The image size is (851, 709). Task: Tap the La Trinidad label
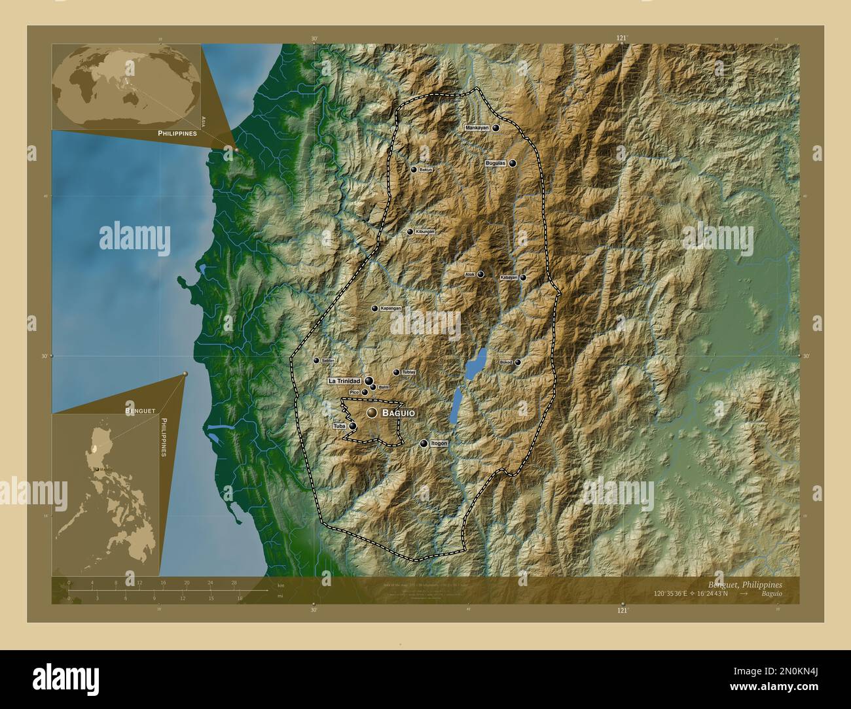(345, 381)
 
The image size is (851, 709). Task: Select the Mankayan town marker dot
(496, 128)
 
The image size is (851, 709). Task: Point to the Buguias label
(496, 164)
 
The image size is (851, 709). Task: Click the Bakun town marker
(413, 169)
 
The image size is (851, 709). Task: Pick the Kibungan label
(425, 232)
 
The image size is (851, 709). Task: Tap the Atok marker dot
(480, 275)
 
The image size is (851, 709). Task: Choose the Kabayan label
(509, 277)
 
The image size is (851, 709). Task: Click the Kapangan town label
(391, 308)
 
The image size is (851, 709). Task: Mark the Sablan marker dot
(316, 360)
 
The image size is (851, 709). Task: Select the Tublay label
(408, 372)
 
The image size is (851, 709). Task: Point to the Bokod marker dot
(518, 362)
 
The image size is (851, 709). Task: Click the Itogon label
(439, 443)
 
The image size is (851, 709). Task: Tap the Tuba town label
(339, 426)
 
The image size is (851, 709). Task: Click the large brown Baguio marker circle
(372, 413)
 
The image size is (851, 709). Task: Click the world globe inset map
(126, 86)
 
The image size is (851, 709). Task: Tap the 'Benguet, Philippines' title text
(744, 584)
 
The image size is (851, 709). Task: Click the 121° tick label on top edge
(622, 39)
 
